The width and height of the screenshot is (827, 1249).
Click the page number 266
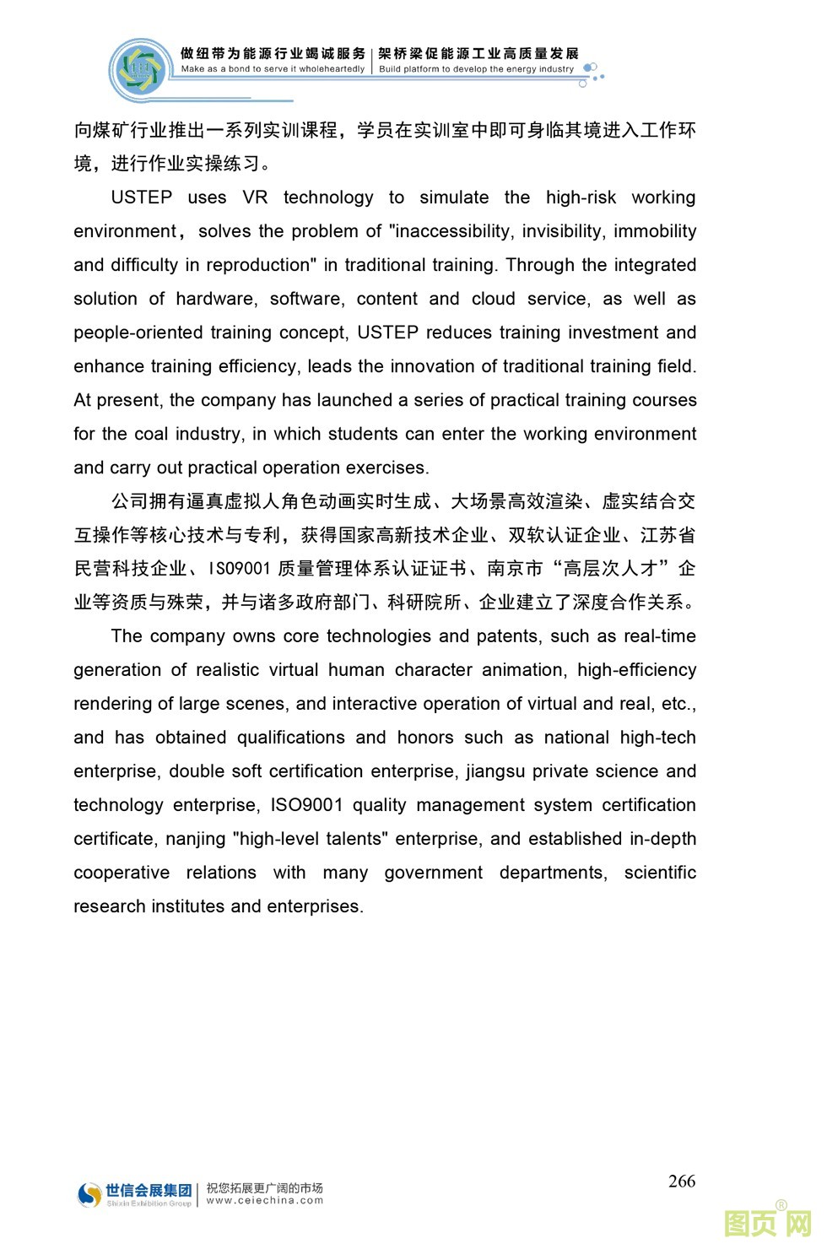pos(681,1181)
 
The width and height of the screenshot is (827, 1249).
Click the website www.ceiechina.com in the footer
pos(264,1201)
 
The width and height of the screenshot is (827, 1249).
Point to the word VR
pos(255,197)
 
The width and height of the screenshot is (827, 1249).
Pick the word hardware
pos(215,299)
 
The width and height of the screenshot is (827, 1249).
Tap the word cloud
pos(494,299)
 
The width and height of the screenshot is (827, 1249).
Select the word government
pos(434,873)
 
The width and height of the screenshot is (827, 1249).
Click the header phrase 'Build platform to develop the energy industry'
pos(476,69)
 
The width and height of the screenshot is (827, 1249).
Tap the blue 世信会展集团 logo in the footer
pos(135,1193)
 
